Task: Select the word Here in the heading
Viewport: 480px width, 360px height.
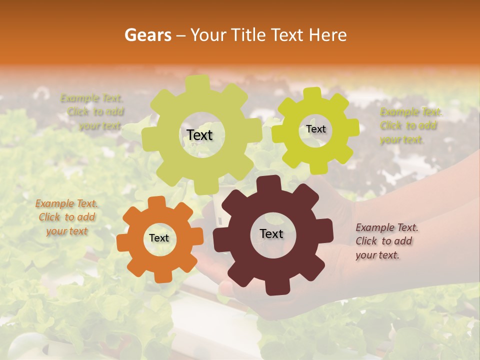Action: point(328,35)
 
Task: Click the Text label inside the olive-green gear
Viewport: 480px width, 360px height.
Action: point(199,135)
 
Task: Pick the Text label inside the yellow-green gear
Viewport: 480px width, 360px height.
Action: point(315,129)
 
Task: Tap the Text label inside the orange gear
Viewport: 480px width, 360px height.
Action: point(159,238)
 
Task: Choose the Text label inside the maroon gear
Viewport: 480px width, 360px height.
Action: point(271,233)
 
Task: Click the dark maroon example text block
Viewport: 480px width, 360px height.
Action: point(386,241)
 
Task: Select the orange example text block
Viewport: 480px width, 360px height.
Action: point(66,217)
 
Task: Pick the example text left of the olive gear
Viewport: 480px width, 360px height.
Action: point(92,112)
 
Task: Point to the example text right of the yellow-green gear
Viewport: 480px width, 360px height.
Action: point(410,125)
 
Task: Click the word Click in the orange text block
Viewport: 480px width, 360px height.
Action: point(49,217)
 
